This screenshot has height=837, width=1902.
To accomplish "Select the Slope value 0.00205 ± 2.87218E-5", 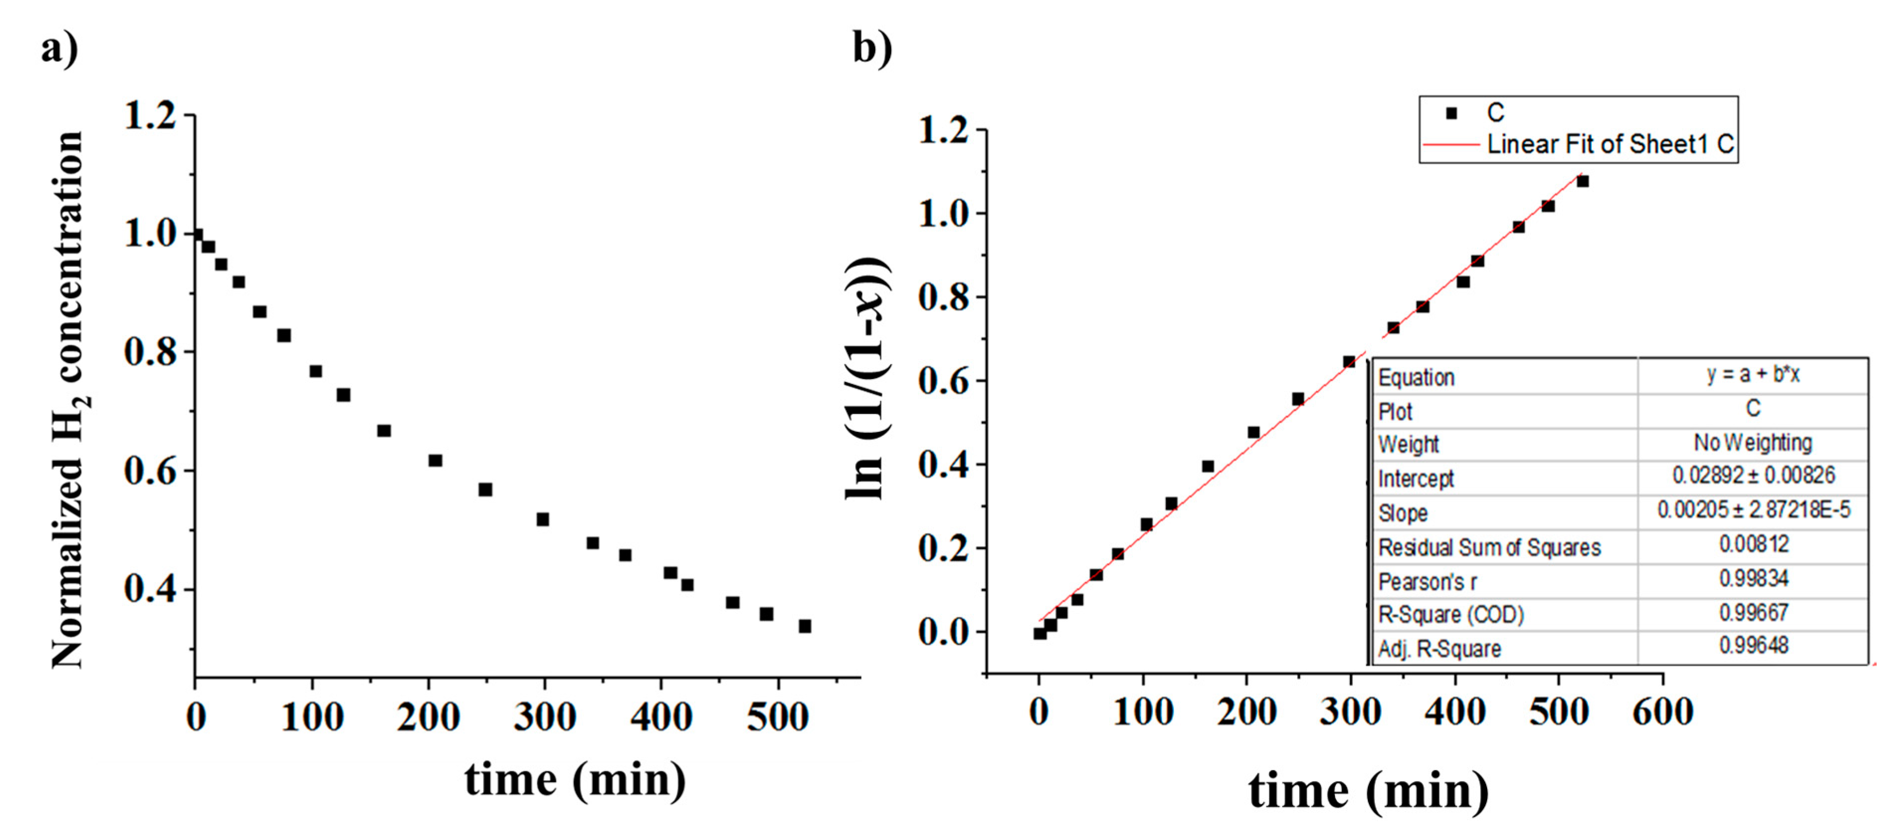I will (x=1753, y=510).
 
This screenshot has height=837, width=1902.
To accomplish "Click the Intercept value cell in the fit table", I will (x=1753, y=475).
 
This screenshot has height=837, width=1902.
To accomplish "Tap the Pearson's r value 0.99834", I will (x=1753, y=578).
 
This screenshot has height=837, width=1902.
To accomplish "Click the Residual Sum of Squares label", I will (x=1489, y=547).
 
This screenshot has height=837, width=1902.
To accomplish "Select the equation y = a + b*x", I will (x=1752, y=375).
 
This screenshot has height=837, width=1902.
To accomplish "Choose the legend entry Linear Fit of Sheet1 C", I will (x=1610, y=144).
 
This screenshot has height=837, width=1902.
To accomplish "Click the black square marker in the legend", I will (x=1451, y=113).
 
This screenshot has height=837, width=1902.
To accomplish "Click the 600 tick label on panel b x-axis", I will (x=1663, y=712).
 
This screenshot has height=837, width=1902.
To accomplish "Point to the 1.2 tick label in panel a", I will (x=150, y=116).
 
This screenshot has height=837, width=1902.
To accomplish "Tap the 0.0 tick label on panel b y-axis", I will (x=942, y=632).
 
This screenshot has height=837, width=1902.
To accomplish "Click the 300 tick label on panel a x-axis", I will (x=544, y=717).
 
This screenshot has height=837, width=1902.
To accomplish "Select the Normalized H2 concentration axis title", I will (x=69, y=399).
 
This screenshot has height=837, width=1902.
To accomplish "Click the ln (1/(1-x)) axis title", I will (x=867, y=378).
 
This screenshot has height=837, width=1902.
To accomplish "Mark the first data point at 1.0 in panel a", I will (x=196, y=235).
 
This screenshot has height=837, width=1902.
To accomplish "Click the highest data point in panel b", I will (x=1582, y=181).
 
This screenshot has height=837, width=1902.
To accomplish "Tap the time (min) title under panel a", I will (x=574, y=780).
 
